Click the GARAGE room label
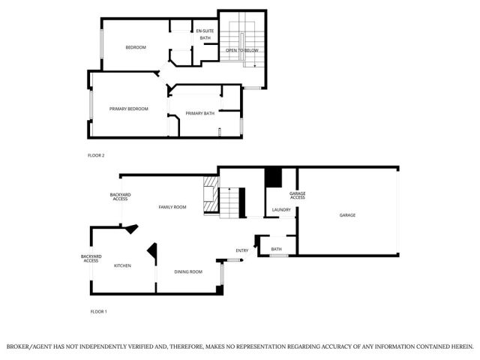click(347, 215)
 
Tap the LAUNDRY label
click(281, 209)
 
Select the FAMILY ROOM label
click(172, 207)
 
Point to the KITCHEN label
click(122, 265)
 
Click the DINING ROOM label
click(188, 271)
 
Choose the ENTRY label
click(242, 250)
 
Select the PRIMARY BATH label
click(200, 113)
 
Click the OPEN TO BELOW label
click(241, 50)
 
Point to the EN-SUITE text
click(205, 31)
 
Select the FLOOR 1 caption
click(99, 310)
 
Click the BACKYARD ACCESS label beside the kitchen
click(91, 259)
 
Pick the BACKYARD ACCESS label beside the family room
click(120, 197)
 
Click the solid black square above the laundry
click(273, 178)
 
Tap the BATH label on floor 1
click(276, 249)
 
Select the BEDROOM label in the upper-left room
click(136, 47)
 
